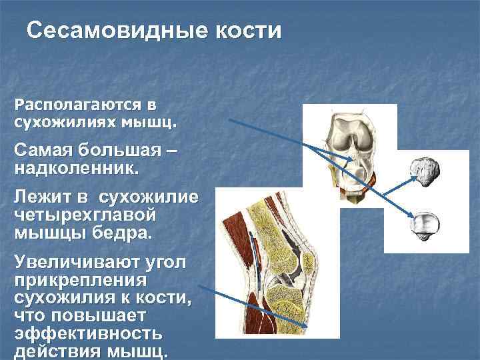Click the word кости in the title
pos(247,32)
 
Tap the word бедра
pos(120,233)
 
